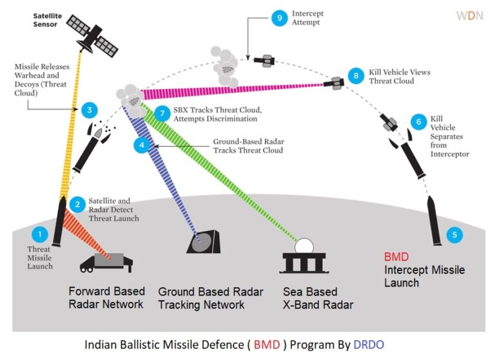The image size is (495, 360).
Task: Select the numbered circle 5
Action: pyautogui.click(x=455, y=235)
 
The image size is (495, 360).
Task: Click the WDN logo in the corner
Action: pyautogui.click(x=469, y=15)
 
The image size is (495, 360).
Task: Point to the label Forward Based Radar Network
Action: pyautogui.click(x=107, y=297)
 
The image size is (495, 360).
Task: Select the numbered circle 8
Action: pyautogui.click(x=354, y=75)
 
